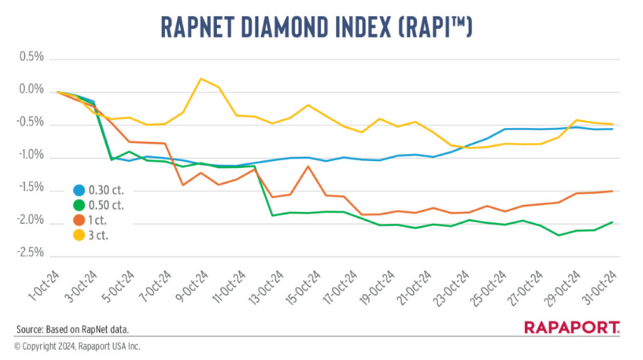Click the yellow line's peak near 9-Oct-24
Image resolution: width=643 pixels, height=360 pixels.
pyautogui.click(x=201, y=79)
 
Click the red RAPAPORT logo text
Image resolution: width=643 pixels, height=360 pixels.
pyautogui.click(x=572, y=327)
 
